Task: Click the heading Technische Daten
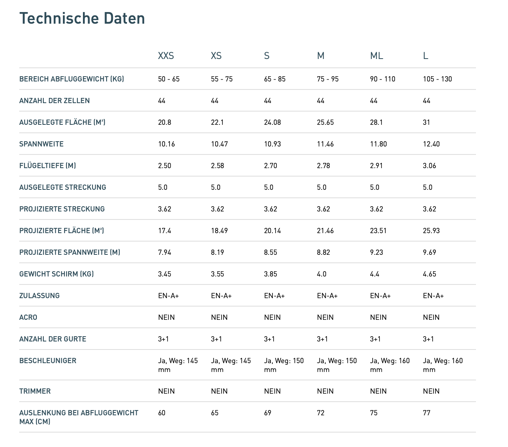(82, 18)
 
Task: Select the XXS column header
(166, 56)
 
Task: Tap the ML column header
(377, 56)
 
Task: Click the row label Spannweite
(41, 144)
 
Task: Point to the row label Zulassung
(39, 296)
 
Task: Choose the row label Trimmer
(35, 391)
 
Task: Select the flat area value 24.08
(272, 122)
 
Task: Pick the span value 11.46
(325, 144)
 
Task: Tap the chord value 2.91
(377, 166)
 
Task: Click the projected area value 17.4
(165, 231)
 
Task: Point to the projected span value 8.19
(218, 252)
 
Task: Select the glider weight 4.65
(429, 274)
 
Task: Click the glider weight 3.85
(270, 274)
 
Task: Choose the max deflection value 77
(427, 413)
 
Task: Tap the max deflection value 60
(162, 413)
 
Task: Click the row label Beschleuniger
(48, 361)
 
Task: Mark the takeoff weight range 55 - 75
(222, 79)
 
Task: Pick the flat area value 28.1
(377, 122)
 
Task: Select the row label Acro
(28, 317)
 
